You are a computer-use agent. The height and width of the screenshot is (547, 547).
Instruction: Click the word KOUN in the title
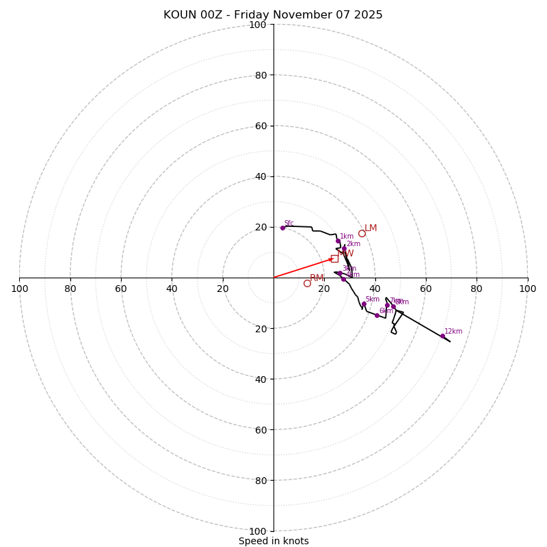point(180,15)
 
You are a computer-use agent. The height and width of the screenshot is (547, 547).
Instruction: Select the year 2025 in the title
point(368,15)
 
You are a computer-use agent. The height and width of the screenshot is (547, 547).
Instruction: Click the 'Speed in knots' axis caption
point(273,541)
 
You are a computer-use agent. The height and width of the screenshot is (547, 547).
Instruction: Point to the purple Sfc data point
point(282,228)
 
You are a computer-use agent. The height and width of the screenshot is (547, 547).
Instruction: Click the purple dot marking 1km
point(338,241)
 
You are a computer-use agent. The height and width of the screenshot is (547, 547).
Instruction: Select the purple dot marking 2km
point(344,248)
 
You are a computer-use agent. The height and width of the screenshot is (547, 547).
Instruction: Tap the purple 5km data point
point(364,304)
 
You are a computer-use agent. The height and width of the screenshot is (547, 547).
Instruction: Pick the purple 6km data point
point(377,315)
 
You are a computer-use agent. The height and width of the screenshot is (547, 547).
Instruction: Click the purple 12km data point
point(442,336)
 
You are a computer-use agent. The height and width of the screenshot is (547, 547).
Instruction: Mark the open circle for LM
point(362,233)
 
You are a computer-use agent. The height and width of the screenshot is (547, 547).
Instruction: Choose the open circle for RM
point(307,283)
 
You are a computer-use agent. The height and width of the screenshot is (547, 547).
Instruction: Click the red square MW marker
point(334,258)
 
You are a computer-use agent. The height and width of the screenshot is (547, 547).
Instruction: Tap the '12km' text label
point(453,332)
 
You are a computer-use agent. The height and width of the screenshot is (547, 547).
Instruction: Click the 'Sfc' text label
point(289,223)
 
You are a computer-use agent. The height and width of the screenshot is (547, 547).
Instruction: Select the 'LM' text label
point(371,228)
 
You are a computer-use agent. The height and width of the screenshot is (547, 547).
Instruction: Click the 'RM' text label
point(317,278)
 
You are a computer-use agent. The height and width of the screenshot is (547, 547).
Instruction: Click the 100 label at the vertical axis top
point(258,25)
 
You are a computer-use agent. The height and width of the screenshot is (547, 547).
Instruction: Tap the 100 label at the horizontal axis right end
point(527,289)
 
